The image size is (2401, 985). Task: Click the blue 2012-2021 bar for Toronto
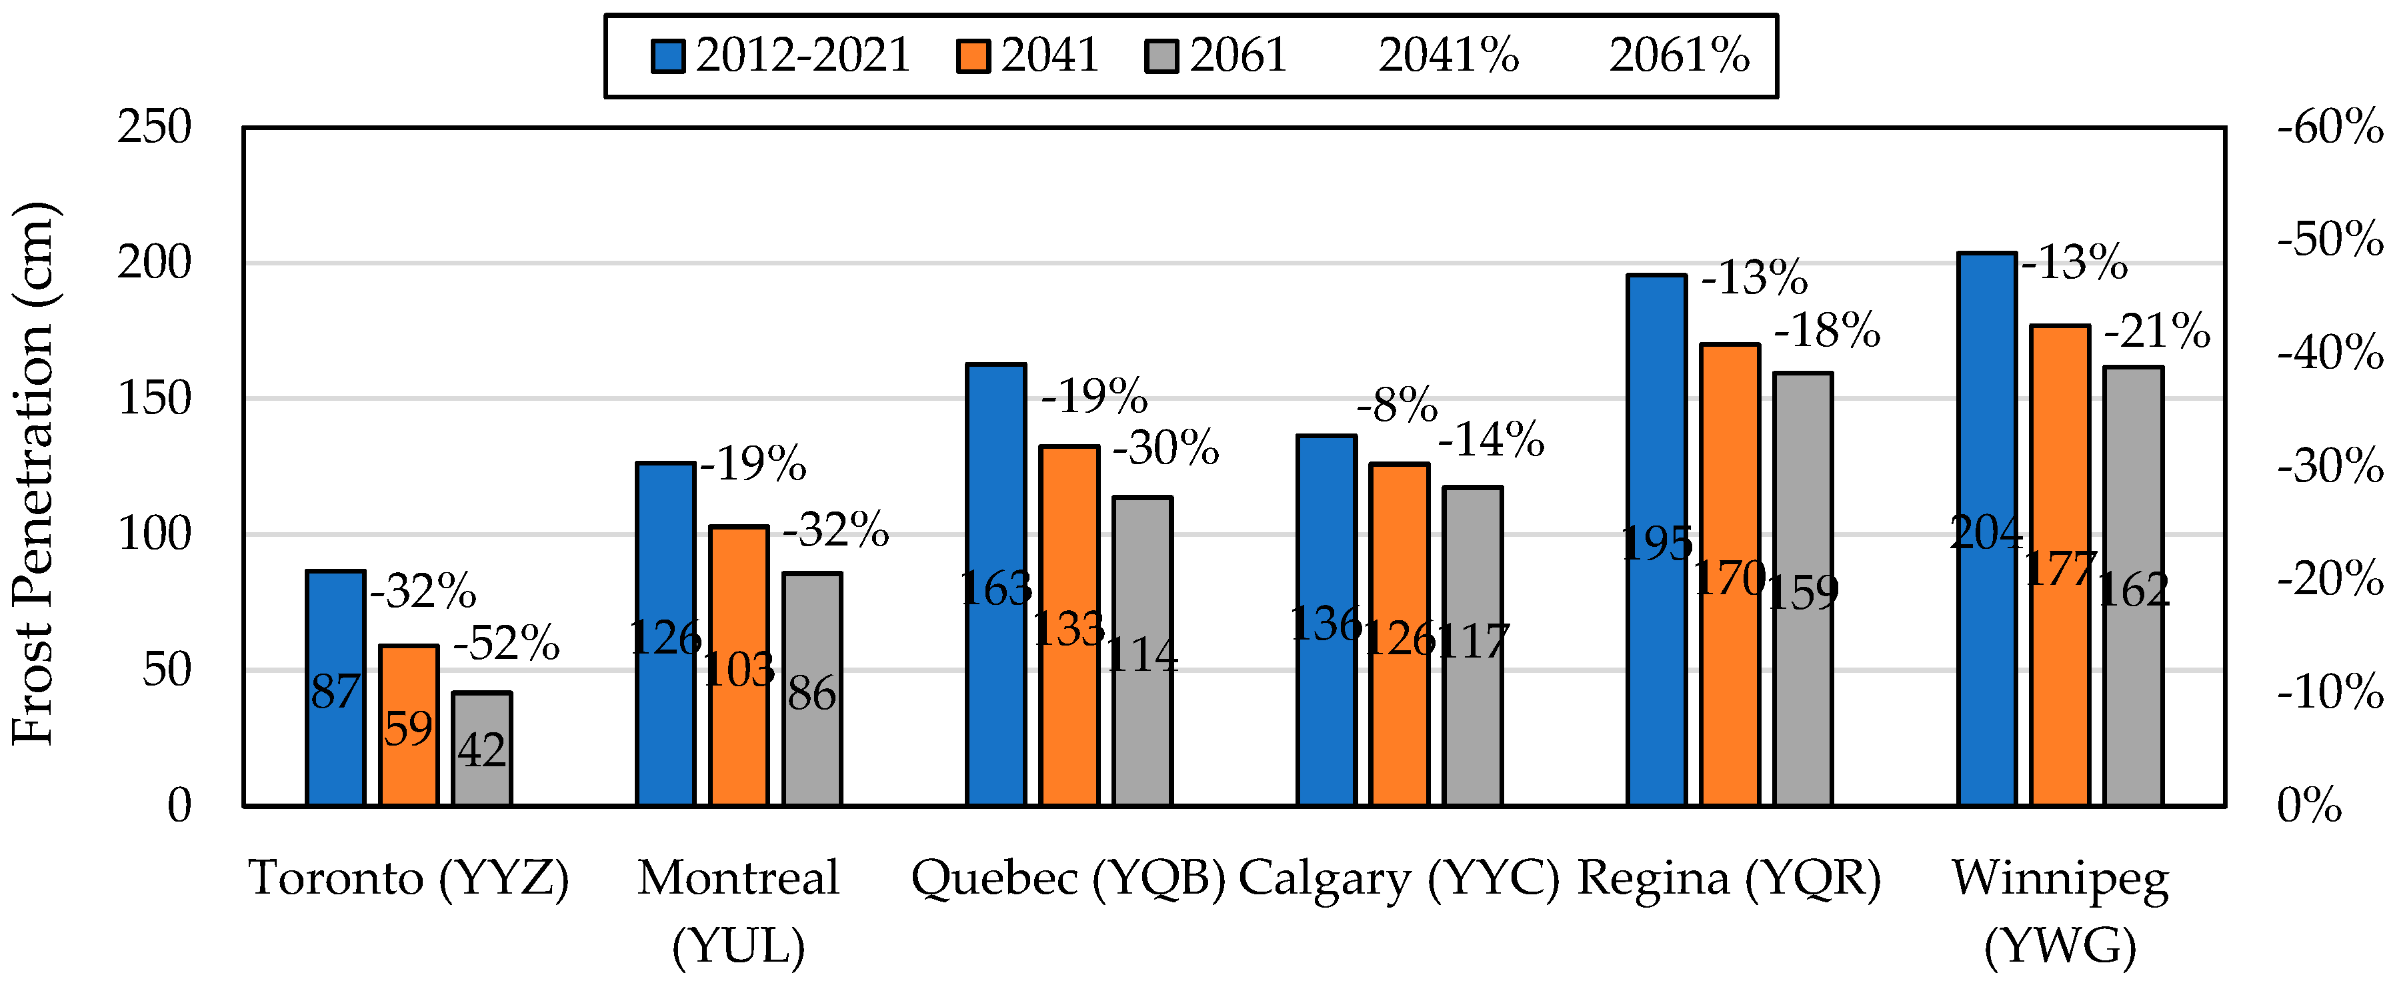(335, 688)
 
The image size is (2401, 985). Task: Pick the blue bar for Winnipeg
(1987, 528)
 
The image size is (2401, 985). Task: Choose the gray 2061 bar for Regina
(1804, 589)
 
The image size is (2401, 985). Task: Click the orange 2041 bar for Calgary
(1399, 634)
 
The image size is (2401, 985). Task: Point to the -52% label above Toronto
(507, 643)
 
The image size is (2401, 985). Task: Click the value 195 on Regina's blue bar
(1657, 544)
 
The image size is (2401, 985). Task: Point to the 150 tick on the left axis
(155, 399)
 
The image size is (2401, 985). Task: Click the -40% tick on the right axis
(2331, 354)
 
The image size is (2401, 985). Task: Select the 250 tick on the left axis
(155, 127)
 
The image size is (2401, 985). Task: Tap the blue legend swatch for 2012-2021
(668, 56)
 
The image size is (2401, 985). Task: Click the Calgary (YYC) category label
(1399, 879)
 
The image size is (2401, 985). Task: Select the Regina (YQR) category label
(1729, 879)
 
